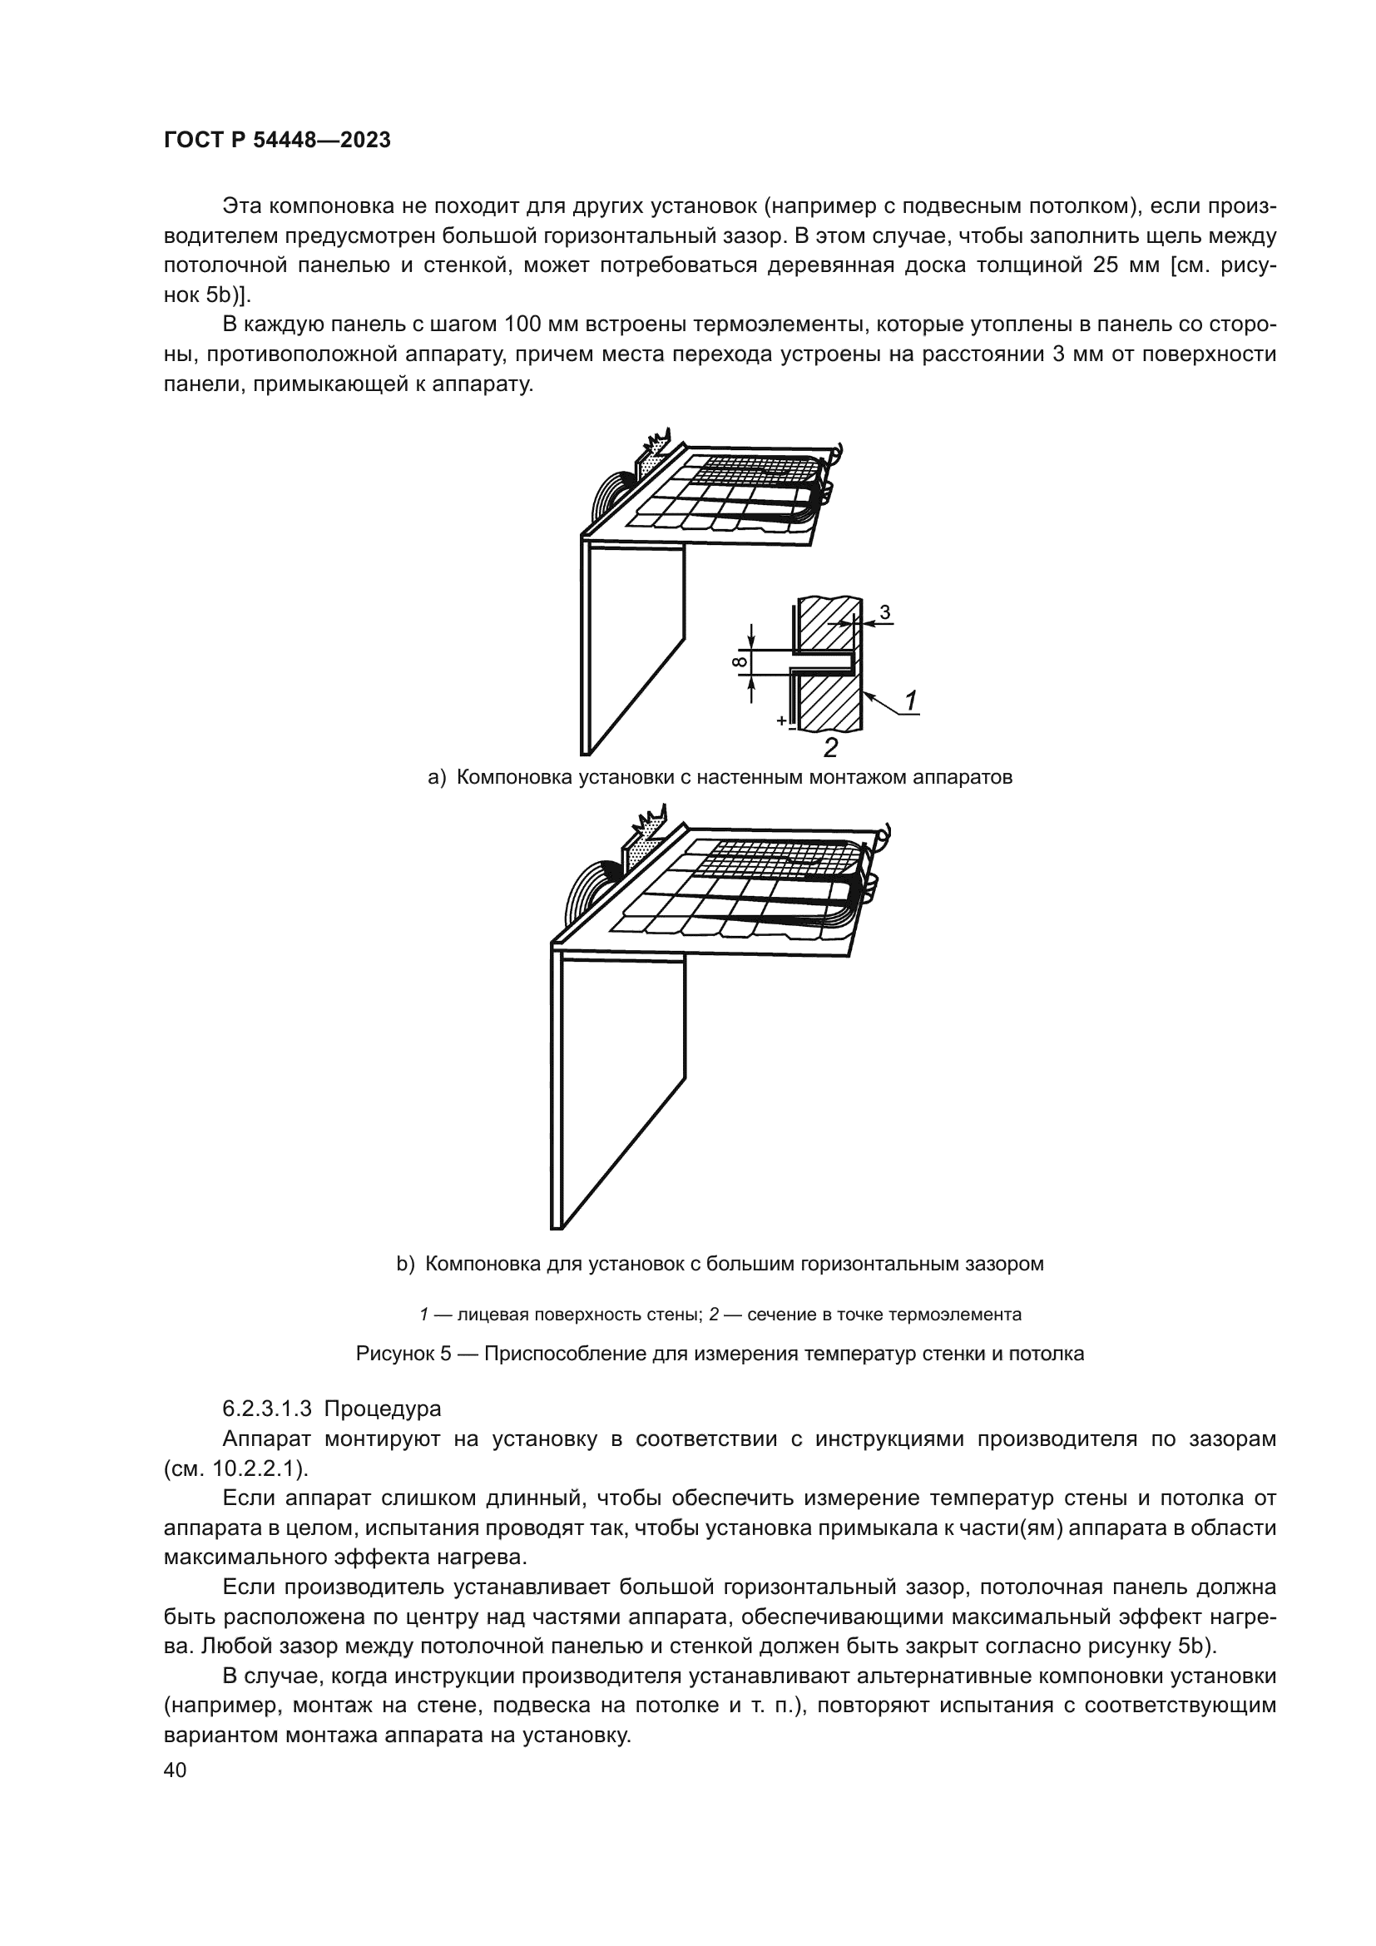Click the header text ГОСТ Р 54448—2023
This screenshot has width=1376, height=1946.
point(277,141)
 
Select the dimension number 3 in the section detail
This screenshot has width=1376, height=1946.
point(884,612)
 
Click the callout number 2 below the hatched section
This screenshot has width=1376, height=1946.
point(830,748)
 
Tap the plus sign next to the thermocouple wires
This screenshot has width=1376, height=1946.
point(780,720)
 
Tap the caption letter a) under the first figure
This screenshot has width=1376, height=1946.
point(437,777)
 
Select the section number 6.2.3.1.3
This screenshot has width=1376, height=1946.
point(267,1409)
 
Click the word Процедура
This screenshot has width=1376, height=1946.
point(382,1409)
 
